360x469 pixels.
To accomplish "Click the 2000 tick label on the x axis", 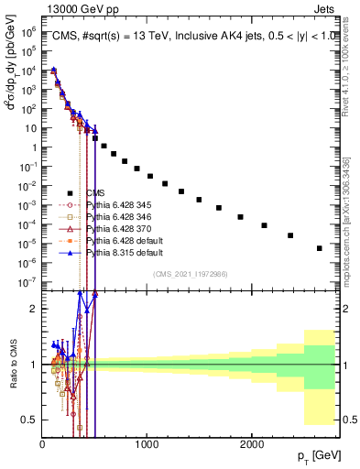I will coord(251,444).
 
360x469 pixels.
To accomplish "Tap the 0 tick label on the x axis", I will coord(42,444).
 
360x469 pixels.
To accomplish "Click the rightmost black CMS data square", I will coord(319,248).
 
